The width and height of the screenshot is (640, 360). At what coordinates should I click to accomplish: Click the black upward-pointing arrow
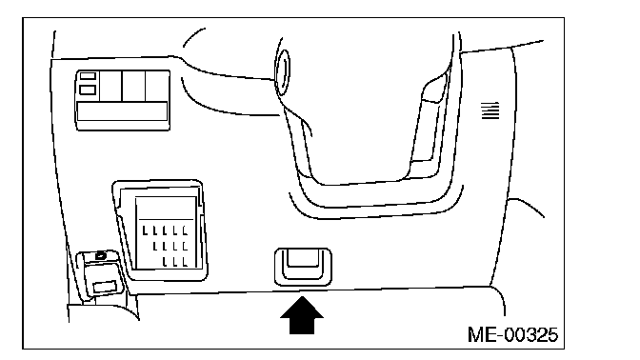click(302, 315)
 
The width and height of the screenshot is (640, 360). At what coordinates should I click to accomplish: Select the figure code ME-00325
click(512, 334)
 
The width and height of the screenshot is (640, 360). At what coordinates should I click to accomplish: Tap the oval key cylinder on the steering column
click(283, 72)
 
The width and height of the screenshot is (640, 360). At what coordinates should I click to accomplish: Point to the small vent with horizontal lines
click(490, 110)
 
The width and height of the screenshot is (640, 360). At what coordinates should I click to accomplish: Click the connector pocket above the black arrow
click(303, 267)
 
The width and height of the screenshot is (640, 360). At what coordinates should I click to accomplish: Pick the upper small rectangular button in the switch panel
click(88, 76)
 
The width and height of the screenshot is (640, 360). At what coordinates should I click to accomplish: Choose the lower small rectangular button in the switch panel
click(88, 90)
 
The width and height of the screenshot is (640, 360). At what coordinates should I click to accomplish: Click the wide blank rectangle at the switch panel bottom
click(123, 111)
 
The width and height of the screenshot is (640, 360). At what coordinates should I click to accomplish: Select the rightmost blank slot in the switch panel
click(157, 86)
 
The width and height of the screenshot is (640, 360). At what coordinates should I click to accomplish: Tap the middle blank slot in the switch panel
click(133, 86)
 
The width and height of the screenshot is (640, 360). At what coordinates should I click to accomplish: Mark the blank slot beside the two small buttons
click(110, 86)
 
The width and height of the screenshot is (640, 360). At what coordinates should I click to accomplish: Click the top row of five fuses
click(165, 230)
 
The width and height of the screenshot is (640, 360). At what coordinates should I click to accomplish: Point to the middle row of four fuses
click(170, 246)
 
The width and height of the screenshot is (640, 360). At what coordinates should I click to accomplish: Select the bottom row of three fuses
click(175, 261)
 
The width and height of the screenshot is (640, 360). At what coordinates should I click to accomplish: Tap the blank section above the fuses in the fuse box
click(166, 209)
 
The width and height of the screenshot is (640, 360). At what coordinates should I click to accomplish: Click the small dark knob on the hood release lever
click(100, 256)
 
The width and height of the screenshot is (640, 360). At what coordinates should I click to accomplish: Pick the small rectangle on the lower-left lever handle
click(105, 287)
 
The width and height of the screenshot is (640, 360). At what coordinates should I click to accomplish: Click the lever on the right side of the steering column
click(430, 123)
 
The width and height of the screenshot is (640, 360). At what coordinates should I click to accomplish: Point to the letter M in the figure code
click(476, 334)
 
